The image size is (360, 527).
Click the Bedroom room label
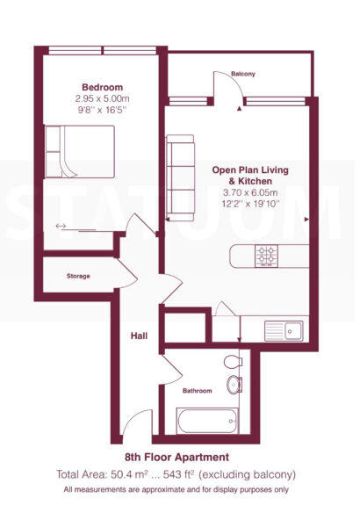coord(102,87)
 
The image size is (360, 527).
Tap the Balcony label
coord(243,74)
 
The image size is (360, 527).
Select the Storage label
coord(78,276)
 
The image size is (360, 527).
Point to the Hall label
coord(139,336)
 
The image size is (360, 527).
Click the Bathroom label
coord(197,391)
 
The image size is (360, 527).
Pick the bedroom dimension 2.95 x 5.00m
coord(102,98)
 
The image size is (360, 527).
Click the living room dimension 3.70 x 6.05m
coord(250,192)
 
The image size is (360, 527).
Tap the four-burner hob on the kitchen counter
coord(267,256)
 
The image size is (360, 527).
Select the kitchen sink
coord(284,331)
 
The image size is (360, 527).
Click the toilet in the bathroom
coord(233,362)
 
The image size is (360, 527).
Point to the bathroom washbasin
coord(234,385)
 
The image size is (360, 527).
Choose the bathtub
coord(207,421)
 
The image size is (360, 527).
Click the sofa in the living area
coord(181,177)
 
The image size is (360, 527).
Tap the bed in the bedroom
coord(79,152)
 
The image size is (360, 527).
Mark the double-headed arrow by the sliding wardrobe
coord(61,227)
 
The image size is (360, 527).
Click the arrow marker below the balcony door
coord(239,109)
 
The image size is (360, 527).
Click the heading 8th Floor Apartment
coord(176,458)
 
